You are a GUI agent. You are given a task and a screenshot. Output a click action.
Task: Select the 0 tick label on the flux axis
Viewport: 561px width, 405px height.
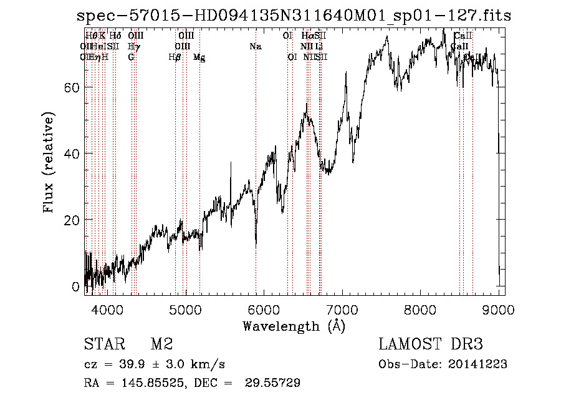click(75, 287)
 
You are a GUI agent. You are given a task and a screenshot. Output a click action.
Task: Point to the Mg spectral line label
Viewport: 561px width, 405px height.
click(199, 57)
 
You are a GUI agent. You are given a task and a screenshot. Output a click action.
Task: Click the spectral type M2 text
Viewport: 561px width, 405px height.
click(161, 344)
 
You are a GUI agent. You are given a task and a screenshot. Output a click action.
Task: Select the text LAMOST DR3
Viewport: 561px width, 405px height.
click(431, 344)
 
